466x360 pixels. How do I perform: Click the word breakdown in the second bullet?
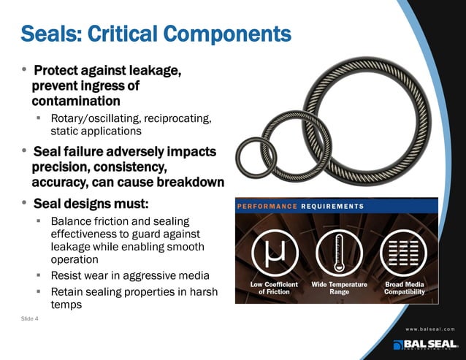(186, 181)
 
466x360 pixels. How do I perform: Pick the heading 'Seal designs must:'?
(91, 202)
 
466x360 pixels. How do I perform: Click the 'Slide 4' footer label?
(30, 318)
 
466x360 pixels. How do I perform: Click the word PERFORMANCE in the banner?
(268, 206)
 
